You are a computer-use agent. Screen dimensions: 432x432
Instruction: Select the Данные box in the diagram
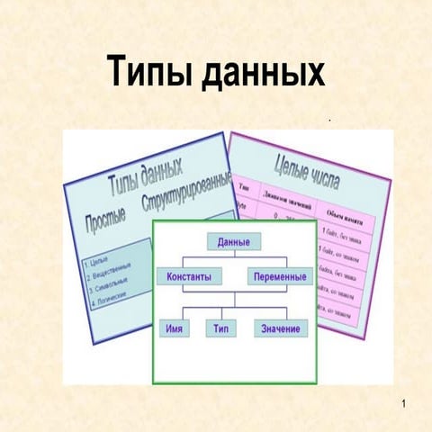click(x=233, y=241)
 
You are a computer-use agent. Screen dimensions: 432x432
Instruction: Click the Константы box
click(x=188, y=276)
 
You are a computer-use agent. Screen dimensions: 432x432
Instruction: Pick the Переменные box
click(x=280, y=276)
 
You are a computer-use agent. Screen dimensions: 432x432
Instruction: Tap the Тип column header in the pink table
click(x=244, y=187)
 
